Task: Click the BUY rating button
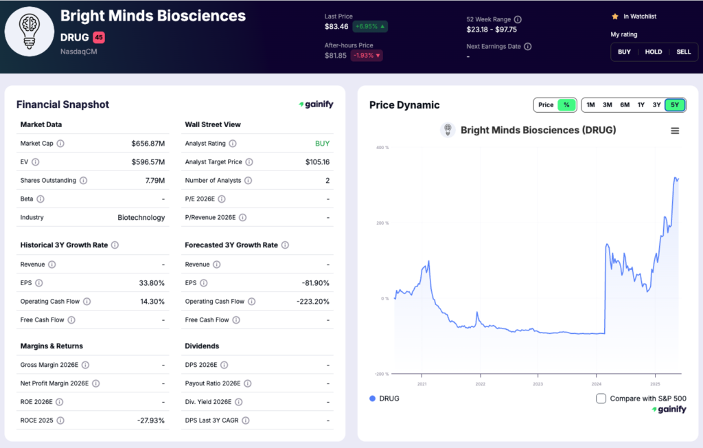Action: click(624, 52)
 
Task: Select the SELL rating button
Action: click(683, 52)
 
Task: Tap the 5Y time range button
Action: click(675, 105)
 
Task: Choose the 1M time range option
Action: click(591, 105)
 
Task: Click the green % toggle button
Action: click(566, 105)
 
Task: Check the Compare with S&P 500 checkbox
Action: click(601, 399)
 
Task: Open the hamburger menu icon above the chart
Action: click(675, 131)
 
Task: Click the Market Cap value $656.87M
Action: click(148, 144)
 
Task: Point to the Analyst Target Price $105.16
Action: click(317, 162)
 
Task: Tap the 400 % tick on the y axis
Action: click(382, 148)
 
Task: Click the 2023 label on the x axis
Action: click(538, 384)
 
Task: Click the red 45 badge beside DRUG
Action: click(99, 37)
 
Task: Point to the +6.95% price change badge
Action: click(369, 27)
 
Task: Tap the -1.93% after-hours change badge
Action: click(367, 56)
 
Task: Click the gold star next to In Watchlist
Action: click(615, 16)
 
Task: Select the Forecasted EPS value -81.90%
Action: click(316, 283)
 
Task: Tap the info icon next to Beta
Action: click(41, 199)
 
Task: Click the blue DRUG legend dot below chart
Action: click(373, 399)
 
